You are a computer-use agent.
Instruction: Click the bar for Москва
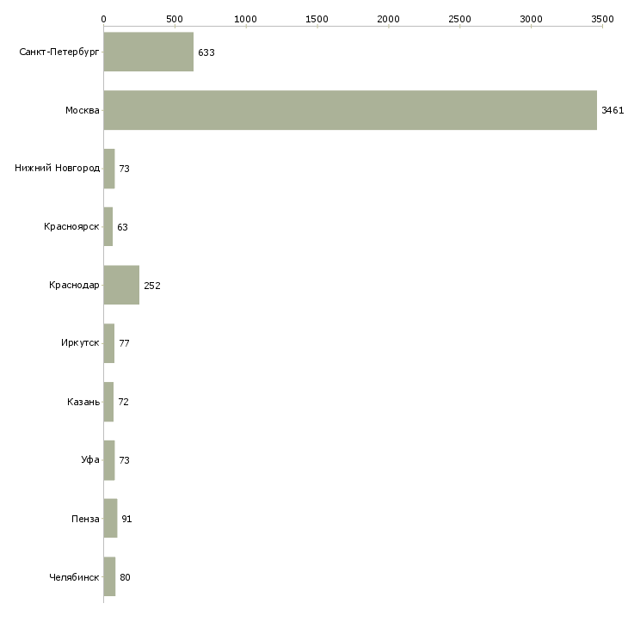pos(350,110)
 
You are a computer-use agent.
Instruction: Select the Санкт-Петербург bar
pos(148,52)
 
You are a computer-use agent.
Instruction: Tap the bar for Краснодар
pos(121,286)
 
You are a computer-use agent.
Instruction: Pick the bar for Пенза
pos(110,519)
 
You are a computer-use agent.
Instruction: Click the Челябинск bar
pos(109,577)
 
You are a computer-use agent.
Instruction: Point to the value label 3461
pos(612,111)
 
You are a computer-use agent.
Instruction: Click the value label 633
pos(206,52)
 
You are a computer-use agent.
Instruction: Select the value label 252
pos(152,286)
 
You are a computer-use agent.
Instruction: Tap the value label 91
pos(126,520)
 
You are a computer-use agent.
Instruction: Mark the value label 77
pos(124,344)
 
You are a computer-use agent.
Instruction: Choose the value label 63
pos(122,228)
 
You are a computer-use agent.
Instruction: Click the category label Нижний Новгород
pos(57,169)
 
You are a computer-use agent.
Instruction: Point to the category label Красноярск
pos(71,227)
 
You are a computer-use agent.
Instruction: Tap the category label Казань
pos(83,402)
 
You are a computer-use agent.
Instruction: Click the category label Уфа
pos(90,460)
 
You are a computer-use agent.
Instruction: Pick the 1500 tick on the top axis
pos(317,18)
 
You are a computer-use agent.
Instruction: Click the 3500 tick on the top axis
pos(602,18)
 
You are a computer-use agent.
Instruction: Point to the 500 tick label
pos(175,18)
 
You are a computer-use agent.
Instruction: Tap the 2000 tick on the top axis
pos(388,18)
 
